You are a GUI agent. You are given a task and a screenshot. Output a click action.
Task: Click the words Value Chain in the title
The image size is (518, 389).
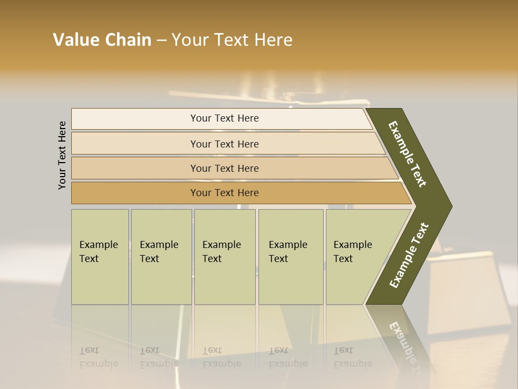click(x=102, y=40)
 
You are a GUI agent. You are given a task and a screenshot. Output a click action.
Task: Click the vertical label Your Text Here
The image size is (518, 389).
click(x=62, y=155)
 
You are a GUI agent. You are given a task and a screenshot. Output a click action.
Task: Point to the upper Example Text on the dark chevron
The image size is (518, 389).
click(x=408, y=154)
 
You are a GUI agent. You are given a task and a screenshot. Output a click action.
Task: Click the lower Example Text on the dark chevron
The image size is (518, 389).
click(x=409, y=256)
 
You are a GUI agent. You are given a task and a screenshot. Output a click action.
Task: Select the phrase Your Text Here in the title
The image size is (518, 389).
click(x=232, y=40)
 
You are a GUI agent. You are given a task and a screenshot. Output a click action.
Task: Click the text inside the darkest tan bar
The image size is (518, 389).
click(x=224, y=193)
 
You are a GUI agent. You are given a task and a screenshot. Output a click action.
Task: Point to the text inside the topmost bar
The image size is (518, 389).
click(x=224, y=118)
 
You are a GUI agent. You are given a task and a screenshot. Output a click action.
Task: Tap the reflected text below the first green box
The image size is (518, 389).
click(x=98, y=357)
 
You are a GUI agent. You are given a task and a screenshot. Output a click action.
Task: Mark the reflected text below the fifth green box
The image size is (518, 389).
click(x=352, y=357)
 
